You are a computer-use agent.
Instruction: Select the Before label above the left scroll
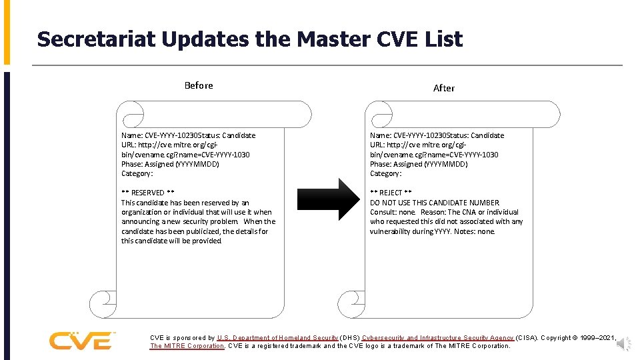[x=199, y=85]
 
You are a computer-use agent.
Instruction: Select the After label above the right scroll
[x=444, y=88]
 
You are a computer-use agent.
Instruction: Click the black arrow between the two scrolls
[x=339, y=199]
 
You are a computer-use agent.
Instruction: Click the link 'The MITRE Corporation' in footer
[x=187, y=346]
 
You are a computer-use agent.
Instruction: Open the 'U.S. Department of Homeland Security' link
[x=277, y=338]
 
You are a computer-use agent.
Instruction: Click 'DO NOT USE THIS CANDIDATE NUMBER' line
[x=435, y=203]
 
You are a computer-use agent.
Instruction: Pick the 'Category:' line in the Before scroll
[x=137, y=173]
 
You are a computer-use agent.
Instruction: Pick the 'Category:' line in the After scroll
[x=386, y=173]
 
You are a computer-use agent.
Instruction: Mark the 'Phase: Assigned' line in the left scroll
[x=170, y=164]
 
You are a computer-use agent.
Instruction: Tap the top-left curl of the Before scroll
[x=131, y=113]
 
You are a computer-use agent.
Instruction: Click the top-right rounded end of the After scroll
[x=550, y=114]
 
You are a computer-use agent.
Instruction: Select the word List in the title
[x=442, y=39]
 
